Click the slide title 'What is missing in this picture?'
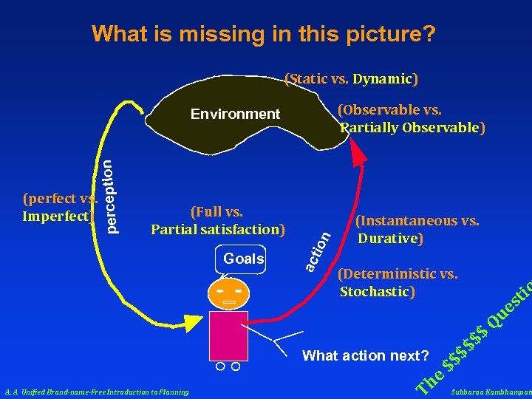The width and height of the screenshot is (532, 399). pos(264,34)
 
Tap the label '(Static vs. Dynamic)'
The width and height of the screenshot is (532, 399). pos(352,78)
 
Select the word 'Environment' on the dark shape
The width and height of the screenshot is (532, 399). pos(235,114)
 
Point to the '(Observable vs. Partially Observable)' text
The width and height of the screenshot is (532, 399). pos(412,119)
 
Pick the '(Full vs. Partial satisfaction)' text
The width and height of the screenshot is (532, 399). pos(218,221)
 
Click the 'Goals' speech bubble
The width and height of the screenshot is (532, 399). pos(243,259)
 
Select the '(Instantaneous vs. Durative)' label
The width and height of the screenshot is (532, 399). pos(417,229)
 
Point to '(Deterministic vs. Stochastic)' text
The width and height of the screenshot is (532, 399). pos(397,282)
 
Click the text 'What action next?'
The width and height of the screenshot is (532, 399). pos(366,356)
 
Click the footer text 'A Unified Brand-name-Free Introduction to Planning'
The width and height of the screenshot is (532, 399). pos(96,392)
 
